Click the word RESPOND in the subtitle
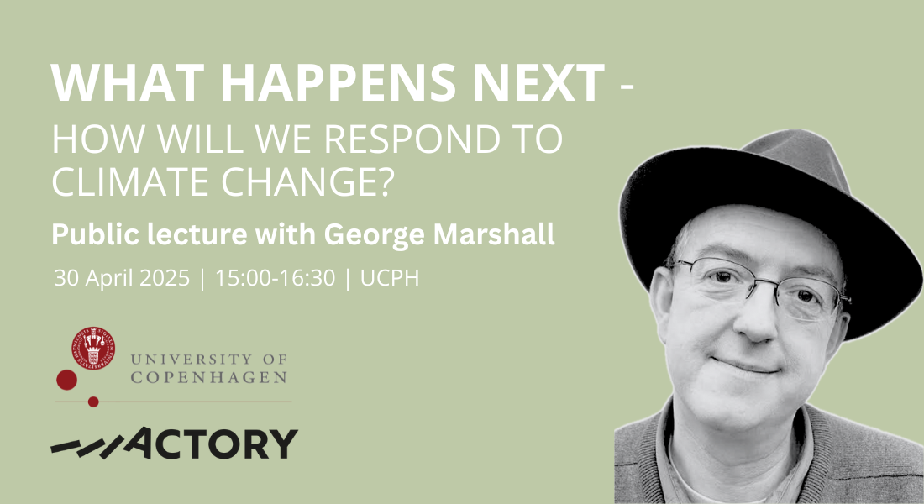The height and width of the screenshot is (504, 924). (402, 139)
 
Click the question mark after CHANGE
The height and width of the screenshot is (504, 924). (385, 181)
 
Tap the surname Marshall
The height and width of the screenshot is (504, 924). (494, 234)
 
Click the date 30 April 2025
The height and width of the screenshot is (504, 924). (122, 278)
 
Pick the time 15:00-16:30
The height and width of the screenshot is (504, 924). (275, 278)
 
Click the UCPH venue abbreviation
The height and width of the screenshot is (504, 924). (390, 278)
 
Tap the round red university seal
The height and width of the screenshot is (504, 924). (93, 349)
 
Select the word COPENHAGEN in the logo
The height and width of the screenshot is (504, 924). (208, 377)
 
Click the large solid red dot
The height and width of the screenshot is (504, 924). (66, 380)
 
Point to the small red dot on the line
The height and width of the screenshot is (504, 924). (93, 402)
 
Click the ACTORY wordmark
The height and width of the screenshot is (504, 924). (175, 444)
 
